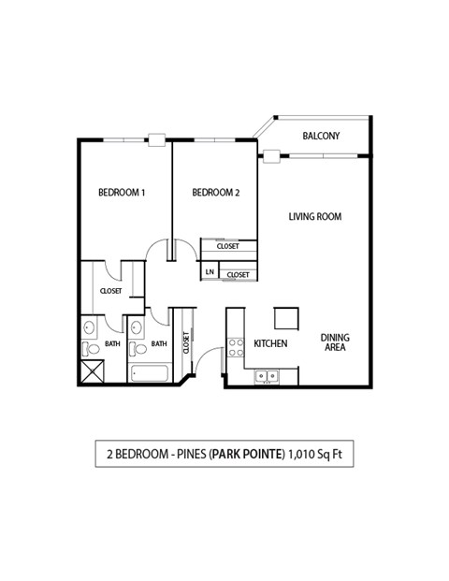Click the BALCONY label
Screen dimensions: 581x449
coord(321,137)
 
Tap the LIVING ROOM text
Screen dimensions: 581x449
coord(313,216)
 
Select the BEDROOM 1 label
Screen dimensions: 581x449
coord(122,193)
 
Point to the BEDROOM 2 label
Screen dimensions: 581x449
coord(216,193)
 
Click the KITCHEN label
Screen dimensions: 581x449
coord(270,344)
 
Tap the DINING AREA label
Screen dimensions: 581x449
coord(335,342)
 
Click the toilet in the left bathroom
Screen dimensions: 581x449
coord(90,350)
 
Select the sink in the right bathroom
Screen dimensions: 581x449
coord(137,328)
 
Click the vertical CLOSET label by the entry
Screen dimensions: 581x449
coord(187,343)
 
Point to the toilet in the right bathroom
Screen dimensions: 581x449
coord(138,349)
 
